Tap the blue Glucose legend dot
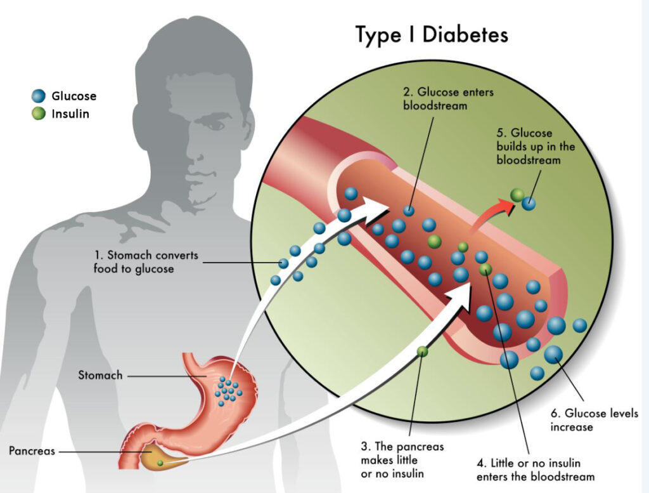coord(39,96)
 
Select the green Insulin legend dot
coord(39,115)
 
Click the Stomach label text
coord(100,375)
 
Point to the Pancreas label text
coord(32,451)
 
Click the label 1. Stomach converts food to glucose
coord(146,262)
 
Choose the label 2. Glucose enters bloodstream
coord(448,98)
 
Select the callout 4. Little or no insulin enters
coord(535,469)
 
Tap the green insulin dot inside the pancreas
coord(160,463)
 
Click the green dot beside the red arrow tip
coord(517,195)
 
